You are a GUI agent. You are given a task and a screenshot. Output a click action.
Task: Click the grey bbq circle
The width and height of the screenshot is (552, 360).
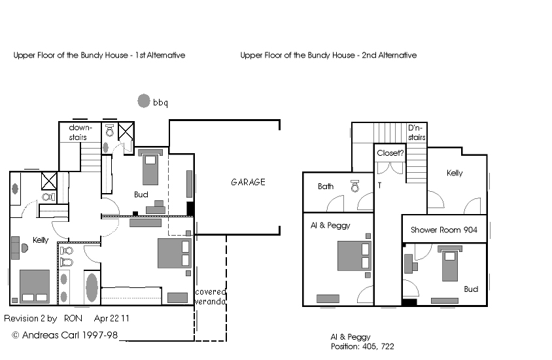(x=144, y=101)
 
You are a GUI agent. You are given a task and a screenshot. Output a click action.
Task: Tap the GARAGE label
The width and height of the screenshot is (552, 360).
(x=248, y=182)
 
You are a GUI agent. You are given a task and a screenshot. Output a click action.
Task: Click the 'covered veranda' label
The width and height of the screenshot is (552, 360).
(x=210, y=297)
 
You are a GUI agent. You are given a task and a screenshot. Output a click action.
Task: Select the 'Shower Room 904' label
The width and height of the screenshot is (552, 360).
(x=444, y=230)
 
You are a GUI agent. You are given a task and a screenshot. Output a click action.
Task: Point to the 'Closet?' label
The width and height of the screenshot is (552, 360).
(x=390, y=153)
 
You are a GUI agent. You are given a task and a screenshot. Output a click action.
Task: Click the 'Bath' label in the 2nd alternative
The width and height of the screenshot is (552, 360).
(x=326, y=187)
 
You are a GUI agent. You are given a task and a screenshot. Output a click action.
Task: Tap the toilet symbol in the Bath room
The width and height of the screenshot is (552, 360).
(x=355, y=186)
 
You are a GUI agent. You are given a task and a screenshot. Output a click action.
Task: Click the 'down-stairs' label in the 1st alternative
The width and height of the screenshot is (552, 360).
(x=80, y=132)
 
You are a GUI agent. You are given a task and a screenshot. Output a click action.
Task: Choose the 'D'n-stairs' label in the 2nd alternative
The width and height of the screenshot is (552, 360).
(x=417, y=132)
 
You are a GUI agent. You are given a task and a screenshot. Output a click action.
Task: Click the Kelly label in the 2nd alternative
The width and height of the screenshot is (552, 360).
(x=455, y=173)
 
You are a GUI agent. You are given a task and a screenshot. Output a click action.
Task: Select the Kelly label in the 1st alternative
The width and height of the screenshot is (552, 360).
(x=41, y=240)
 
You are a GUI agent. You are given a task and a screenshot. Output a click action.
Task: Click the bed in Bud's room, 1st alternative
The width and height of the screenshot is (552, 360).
(x=150, y=168)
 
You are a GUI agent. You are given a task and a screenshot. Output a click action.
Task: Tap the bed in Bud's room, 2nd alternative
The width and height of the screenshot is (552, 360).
(x=450, y=263)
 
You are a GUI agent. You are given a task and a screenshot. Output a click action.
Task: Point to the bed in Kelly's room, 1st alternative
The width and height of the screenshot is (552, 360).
(x=35, y=287)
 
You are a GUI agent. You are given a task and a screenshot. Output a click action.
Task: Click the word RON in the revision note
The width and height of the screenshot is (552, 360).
(x=73, y=318)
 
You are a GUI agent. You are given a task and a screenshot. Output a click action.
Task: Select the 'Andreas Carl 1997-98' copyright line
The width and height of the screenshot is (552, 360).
(x=65, y=335)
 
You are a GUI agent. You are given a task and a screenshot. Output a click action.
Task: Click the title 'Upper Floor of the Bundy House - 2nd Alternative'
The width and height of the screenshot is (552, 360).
(x=328, y=55)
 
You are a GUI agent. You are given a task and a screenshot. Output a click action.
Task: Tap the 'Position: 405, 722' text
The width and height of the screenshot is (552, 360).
(x=362, y=347)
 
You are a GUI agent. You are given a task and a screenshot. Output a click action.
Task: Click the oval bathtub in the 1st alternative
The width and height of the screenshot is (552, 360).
(x=92, y=287)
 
